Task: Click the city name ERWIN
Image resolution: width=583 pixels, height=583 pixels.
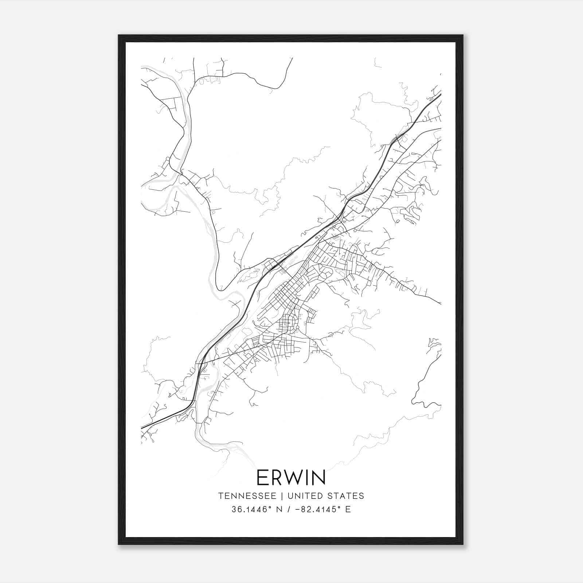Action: [x=291, y=478]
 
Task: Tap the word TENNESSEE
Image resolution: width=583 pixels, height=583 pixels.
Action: [x=247, y=496]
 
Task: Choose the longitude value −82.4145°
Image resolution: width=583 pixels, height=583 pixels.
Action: [x=314, y=509]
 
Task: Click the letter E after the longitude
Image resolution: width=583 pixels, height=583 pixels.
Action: [x=348, y=509]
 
